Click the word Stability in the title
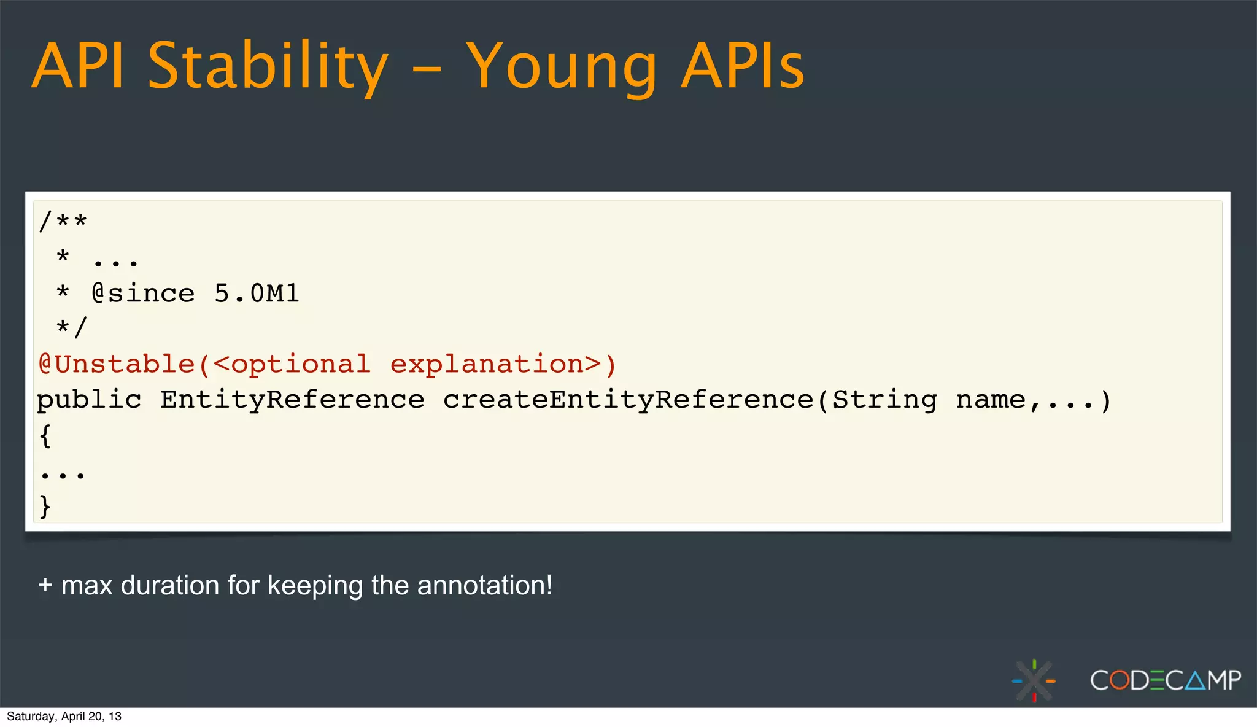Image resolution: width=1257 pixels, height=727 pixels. point(268,66)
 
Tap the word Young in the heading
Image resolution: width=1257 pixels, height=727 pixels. point(561,66)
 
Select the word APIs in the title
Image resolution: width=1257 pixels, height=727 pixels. point(743,66)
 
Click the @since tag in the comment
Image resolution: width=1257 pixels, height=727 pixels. point(143,293)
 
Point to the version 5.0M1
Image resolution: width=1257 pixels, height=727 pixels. point(257,293)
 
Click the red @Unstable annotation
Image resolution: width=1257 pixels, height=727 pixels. point(117,364)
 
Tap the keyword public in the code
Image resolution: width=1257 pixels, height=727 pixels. point(90,400)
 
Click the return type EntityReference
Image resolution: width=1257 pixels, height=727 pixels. point(292,400)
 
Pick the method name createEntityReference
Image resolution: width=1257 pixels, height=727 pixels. point(628,400)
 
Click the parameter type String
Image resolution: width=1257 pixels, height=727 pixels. point(884,400)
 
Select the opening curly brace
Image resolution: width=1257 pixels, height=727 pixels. point(45,436)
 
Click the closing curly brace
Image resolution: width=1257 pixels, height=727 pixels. point(45,507)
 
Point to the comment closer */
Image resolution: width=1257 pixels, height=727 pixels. point(72,328)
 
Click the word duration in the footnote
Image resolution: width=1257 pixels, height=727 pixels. point(169,585)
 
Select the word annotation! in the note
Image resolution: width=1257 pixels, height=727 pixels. point(485,585)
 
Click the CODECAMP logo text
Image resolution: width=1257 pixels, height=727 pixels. point(1165,680)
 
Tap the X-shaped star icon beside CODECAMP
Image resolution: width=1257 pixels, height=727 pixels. point(1034,680)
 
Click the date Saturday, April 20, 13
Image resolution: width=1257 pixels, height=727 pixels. point(64,717)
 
